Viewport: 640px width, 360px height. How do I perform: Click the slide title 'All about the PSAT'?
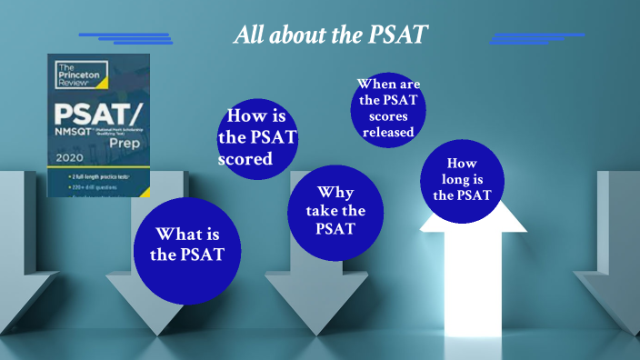[331, 35]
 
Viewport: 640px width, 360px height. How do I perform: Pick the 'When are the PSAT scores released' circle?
[388, 108]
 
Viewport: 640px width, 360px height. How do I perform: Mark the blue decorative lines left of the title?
[127, 38]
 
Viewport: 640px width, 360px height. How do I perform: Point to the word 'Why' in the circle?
[335, 192]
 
